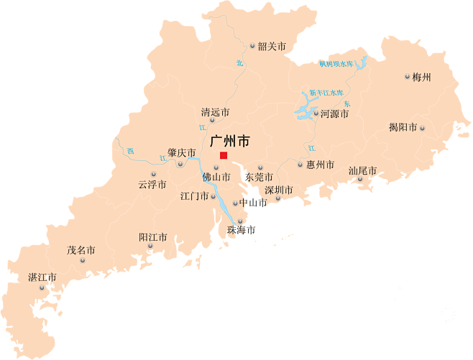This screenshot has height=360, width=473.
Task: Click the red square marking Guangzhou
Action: pyautogui.click(x=224, y=155)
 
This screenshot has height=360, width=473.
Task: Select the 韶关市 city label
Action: pyautogui.click(x=272, y=46)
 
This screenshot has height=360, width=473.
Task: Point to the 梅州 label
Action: pyautogui.click(x=422, y=77)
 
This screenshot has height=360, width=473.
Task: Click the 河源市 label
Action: pyautogui.click(x=334, y=114)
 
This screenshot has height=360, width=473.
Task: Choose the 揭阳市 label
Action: pyautogui.click(x=403, y=127)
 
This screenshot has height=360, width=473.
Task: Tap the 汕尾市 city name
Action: pyautogui.click(x=362, y=170)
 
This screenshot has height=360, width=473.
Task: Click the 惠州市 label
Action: pyautogui.click(x=320, y=165)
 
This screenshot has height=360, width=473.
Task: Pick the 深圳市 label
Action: pyautogui.click(x=278, y=190)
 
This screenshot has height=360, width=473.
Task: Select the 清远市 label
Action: pyautogui.click(x=215, y=112)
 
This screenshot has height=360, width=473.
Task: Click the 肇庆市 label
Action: pyautogui.click(x=181, y=152)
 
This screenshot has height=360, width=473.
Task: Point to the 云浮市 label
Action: pyautogui.click(x=152, y=185)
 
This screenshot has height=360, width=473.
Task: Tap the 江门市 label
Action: pyautogui.click(x=194, y=195)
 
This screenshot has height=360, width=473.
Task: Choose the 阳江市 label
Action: pyautogui.click(x=152, y=236)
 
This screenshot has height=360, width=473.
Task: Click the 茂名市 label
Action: pyautogui.click(x=81, y=250)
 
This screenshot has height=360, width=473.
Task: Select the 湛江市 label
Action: pyautogui.click(x=42, y=277)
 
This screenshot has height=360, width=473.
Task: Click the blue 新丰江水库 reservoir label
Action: pyautogui.click(x=326, y=93)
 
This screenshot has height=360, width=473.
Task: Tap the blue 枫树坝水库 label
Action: pyautogui.click(x=336, y=64)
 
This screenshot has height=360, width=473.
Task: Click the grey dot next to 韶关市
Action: pyautogui.click(x=252, y=46)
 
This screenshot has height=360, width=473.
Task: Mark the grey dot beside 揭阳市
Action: pyautogui.click(x=423, y=128)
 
